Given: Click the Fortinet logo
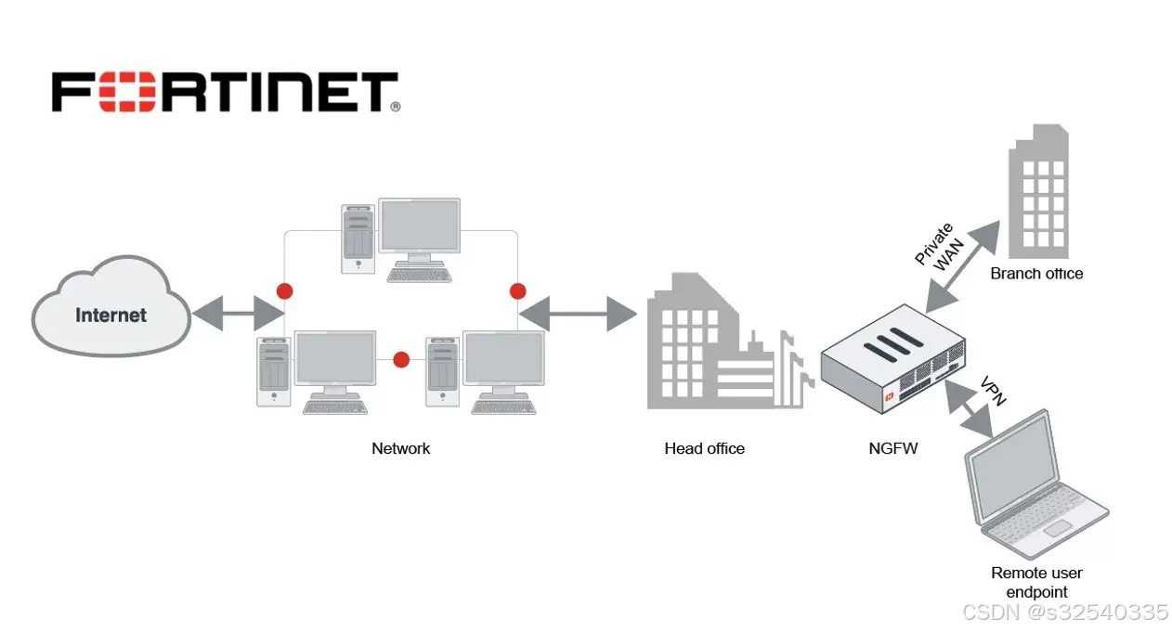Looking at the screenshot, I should click(x=225, y=94).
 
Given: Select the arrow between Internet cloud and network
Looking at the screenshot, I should click(x=238, y=315).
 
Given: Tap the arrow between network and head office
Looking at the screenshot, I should click(x=577, y=315).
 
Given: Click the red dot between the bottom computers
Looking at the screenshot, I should click(x=401, y=360).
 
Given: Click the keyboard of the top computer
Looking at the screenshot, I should click(x=420, y=275).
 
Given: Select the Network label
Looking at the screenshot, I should click(x=400, y=448).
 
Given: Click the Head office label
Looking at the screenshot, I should click(x=704, y=448).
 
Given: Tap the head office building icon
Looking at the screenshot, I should click(x=715, y=348).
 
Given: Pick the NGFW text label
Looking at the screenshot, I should click(x=892, y=448).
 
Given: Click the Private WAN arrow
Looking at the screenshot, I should click(x=962, y=265).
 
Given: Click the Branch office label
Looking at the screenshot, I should click(x=1036, y=274).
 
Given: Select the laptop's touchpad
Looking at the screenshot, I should click(x=1058, y=528).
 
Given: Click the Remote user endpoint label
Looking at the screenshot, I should click(x=1036, y=582).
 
